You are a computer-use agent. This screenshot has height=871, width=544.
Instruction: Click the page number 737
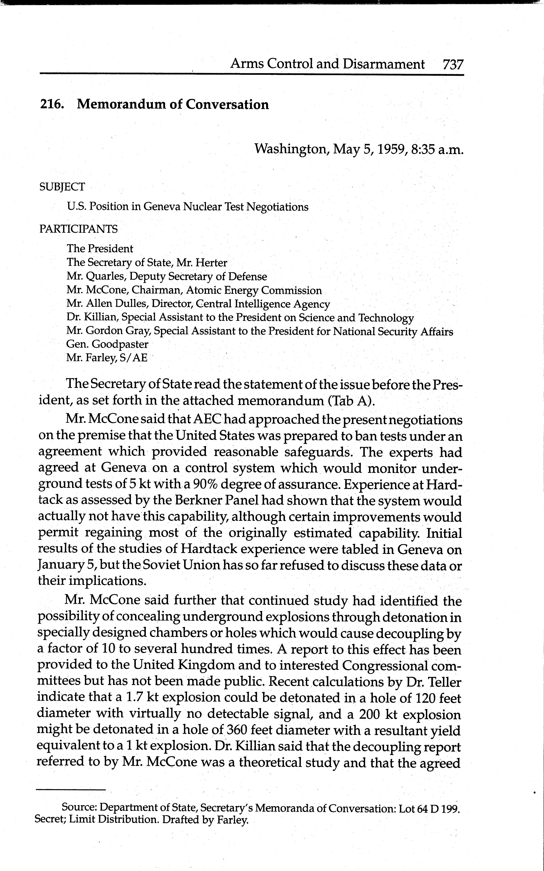coord(453,65)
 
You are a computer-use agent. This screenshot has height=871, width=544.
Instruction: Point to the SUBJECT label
coord(62,187)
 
